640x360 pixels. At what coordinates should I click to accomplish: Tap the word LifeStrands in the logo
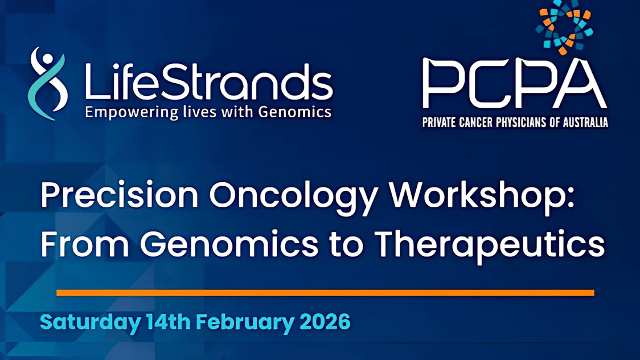point(209,81)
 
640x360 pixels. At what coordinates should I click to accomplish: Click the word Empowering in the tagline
point(132,112)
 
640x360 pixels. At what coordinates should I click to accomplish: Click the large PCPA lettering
point(514,84)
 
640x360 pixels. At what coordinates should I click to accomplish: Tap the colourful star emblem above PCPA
point(564,27)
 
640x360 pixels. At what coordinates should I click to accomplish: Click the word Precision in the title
point(120,195)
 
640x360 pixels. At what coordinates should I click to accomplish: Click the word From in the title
point(85,244)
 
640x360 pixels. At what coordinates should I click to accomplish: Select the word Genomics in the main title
point(229,244)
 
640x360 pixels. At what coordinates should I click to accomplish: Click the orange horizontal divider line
point(325,293)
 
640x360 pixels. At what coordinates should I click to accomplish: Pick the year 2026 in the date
point(325,322)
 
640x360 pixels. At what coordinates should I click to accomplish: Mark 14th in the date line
point(168,322)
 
